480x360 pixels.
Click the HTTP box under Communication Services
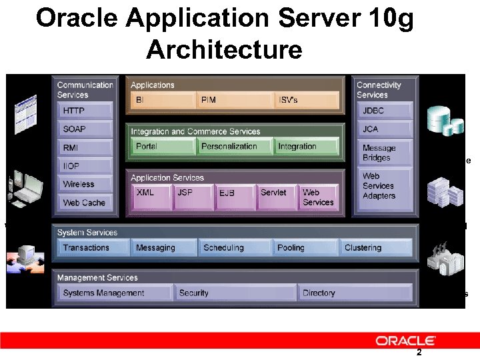(x=85, y=111)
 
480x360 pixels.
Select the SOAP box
(x=85, y=129)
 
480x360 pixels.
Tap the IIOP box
(x=85, y=166)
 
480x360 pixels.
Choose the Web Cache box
(x=85, y=203)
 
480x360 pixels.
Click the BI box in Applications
(x=161, y=100)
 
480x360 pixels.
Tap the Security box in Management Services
(x=234, y=293)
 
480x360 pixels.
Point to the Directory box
(x=354, y=293)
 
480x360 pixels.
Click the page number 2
(x=419, y=353)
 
